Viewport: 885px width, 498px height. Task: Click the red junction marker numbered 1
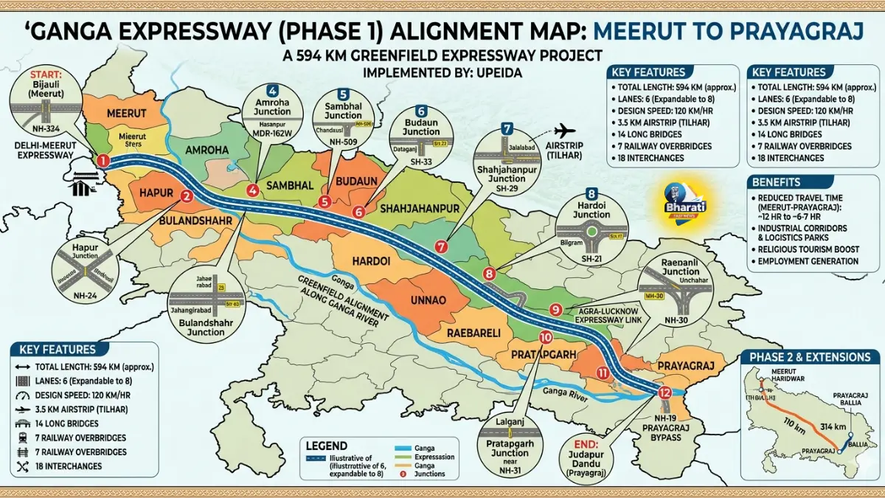coord(103,159)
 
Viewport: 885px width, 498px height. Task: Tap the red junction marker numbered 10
coord(546,338)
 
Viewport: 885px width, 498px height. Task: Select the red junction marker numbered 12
coord(664,392)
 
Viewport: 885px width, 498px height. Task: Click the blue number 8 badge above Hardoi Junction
coord(591,194)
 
